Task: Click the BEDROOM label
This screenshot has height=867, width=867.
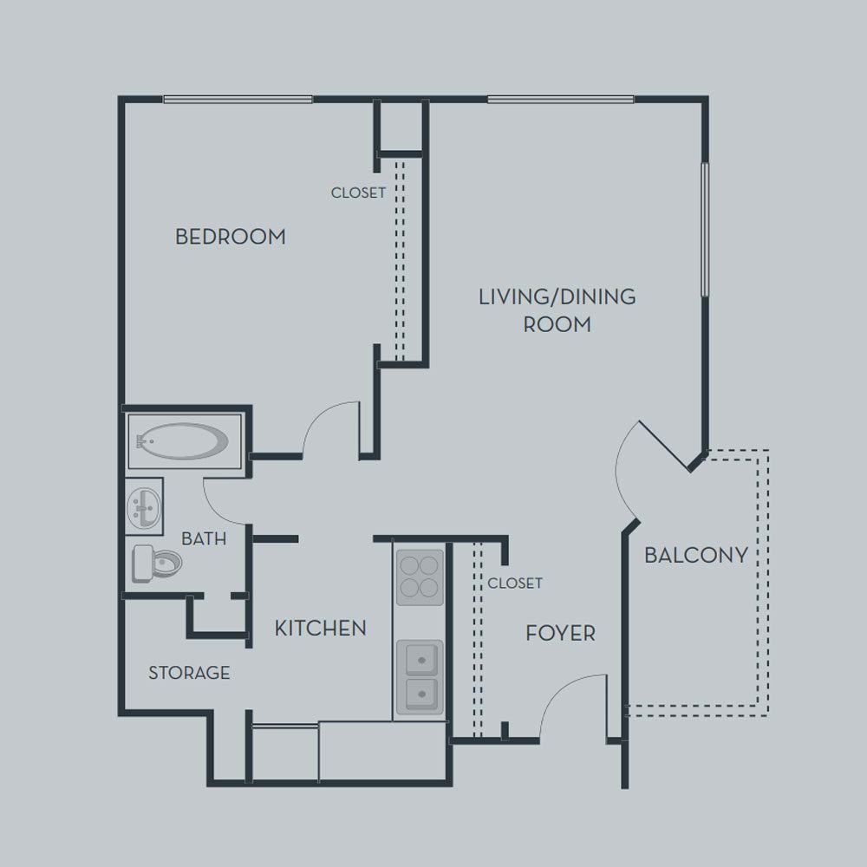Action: tap(231, 237)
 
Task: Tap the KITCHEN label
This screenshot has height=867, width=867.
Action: tap(321, 628)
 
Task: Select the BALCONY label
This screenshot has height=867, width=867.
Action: tap(696, 555)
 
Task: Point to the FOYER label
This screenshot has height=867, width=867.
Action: tap(560, 633)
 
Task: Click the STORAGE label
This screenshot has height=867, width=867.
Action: tap(189, 673)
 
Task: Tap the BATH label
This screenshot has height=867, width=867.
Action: tap(204, 538)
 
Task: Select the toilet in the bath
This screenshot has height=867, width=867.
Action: tap(157, 564)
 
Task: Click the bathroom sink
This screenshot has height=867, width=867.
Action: tap(144, 506)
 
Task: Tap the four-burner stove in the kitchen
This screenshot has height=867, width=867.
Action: tap(420, 577)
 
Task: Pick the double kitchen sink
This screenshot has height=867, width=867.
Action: tap(420, 677)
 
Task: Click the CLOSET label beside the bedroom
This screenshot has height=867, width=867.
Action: tap(358, 192)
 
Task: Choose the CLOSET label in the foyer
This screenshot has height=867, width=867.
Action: tap(515, 583)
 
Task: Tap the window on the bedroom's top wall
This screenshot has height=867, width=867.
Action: tap(238, 100)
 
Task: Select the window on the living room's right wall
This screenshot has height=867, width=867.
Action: tap(705, 230)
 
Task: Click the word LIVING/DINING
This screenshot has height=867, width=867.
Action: tap(557, 297)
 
